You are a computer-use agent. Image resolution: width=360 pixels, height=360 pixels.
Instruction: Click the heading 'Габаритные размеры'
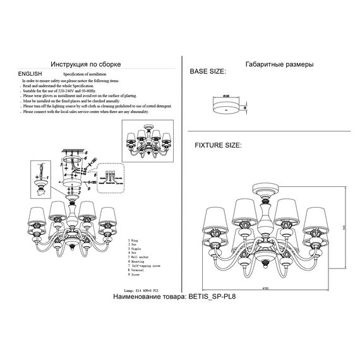click(278, 64)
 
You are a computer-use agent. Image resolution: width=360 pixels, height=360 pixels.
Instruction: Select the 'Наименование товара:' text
click(148, 296)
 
